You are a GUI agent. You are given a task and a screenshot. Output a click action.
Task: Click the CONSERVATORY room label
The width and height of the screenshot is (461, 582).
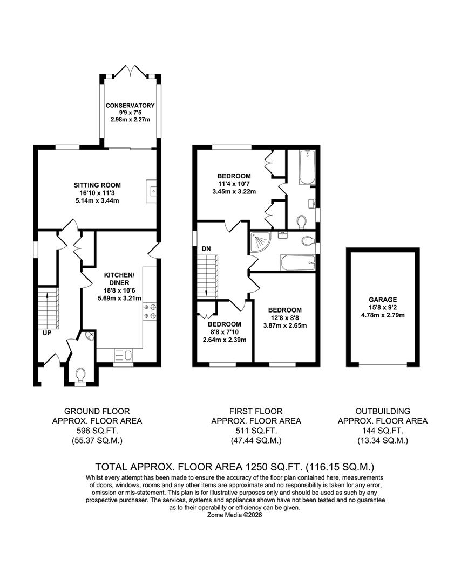[130, 106]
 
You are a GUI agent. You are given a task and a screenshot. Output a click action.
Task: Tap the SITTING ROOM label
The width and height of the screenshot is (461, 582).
[97, 185]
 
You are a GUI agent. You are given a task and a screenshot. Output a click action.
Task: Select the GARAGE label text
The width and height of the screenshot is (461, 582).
[383, 299]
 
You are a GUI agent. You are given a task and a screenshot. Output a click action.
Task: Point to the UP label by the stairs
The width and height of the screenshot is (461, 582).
[47, 333]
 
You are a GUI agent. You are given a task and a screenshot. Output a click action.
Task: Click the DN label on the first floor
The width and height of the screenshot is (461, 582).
[206, 248]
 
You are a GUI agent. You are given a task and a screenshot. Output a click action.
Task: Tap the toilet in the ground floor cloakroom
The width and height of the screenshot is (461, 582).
[80, 374]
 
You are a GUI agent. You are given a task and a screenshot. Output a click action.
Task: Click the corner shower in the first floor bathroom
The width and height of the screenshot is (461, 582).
[261, 241]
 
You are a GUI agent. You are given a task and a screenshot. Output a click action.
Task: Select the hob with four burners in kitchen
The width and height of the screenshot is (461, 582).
[150, 311]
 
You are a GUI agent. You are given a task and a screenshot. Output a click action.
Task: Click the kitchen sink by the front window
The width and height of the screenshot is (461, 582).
[123, 355]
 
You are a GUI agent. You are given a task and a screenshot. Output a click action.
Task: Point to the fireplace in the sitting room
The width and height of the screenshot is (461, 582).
[151, 191]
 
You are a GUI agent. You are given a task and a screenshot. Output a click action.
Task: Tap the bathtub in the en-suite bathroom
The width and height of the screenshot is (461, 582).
[307, 167]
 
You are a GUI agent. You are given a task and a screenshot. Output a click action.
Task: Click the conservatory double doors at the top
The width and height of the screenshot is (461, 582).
[130, 71]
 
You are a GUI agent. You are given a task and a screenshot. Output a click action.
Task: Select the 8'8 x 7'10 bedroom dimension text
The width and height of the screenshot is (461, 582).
[225, 332]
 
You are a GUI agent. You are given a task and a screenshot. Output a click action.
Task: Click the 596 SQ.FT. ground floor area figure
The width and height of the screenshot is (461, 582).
[97, 431]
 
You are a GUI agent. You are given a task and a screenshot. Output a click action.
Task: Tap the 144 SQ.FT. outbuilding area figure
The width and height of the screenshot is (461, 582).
[383, 431]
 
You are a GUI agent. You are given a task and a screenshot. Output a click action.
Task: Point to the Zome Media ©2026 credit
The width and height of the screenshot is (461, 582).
[235, 515]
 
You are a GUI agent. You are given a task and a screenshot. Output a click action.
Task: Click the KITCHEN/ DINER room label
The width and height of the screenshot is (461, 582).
[119, 279]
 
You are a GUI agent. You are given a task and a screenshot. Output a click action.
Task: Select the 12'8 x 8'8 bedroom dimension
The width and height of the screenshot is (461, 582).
[285, 318]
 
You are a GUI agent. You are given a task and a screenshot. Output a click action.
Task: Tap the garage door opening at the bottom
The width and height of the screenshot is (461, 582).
[383, 364]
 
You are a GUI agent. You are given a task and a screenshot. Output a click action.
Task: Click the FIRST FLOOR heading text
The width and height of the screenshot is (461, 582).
[256, 411]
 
